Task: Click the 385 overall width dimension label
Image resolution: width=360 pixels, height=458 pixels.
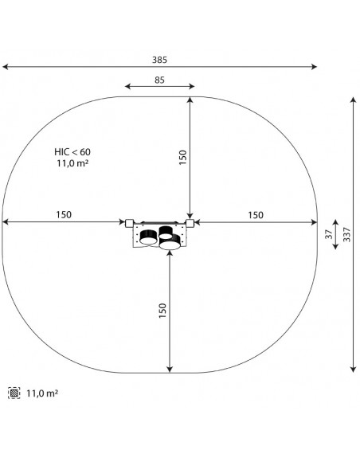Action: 159,60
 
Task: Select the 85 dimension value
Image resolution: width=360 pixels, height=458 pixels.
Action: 160,80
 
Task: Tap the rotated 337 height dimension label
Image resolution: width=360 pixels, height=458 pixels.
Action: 346,234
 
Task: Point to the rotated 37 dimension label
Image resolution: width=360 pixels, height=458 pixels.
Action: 329,234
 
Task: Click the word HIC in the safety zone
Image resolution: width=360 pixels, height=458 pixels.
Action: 61,152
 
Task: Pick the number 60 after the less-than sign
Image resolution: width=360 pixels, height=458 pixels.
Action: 85,152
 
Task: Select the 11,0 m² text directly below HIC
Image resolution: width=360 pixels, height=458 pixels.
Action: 72,163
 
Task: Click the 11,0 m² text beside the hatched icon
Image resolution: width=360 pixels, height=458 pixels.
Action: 42,393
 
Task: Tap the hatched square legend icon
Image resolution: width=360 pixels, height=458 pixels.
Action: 14,393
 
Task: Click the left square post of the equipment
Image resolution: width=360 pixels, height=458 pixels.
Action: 129,223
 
